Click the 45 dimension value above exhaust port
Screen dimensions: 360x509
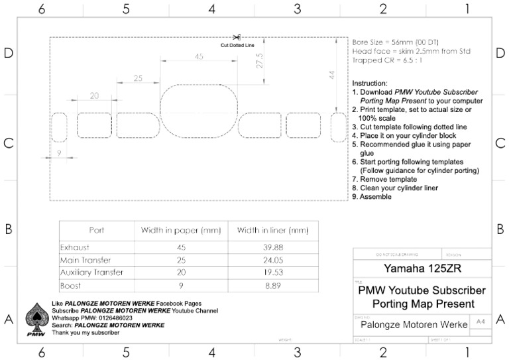tap(199, 58)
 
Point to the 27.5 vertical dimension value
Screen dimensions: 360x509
tap(260, 60)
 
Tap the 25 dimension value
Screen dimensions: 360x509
tap(138, 78)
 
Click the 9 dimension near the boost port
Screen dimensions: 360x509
tap(60, 153)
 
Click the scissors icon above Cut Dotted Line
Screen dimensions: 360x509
tap(237, 38)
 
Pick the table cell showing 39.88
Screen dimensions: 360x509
tap(268, 247)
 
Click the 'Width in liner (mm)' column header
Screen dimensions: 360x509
tap(268, 230)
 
